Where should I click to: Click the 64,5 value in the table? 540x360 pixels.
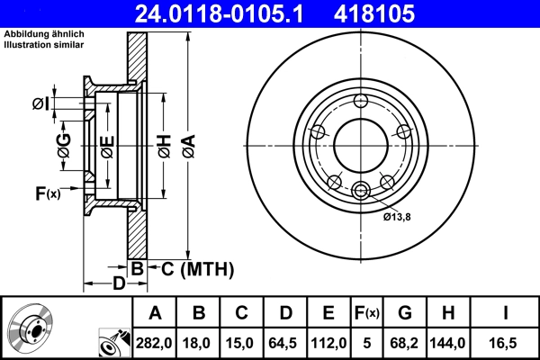286,342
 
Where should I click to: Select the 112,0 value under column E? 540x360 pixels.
328,342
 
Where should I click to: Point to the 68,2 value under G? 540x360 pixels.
405,342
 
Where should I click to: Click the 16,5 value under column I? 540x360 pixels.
506,342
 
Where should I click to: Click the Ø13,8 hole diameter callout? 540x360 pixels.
397,216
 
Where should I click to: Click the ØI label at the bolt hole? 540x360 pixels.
40,103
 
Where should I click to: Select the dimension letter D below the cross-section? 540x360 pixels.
118,284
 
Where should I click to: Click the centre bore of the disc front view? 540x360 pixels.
360,144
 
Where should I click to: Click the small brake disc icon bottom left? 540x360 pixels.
30,328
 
